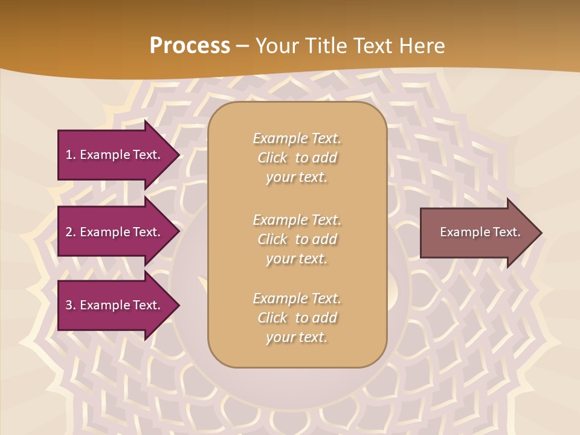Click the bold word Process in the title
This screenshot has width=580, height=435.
click(x=190, y=46)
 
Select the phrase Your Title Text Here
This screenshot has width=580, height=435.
click(x=350, y=46)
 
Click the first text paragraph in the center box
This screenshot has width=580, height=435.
click(x=297, y=158)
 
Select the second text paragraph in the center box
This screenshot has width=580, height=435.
click(x=297, y=239)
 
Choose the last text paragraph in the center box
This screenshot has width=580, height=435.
click(x=297, y=318)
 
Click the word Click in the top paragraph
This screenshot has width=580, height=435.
click(x=272, y=158)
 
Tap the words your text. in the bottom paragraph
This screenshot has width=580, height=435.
click(x=297, y=337)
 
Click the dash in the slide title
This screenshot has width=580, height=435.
click(x=242, y=47)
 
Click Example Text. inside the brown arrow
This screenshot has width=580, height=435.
click(x=480, y=232)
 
